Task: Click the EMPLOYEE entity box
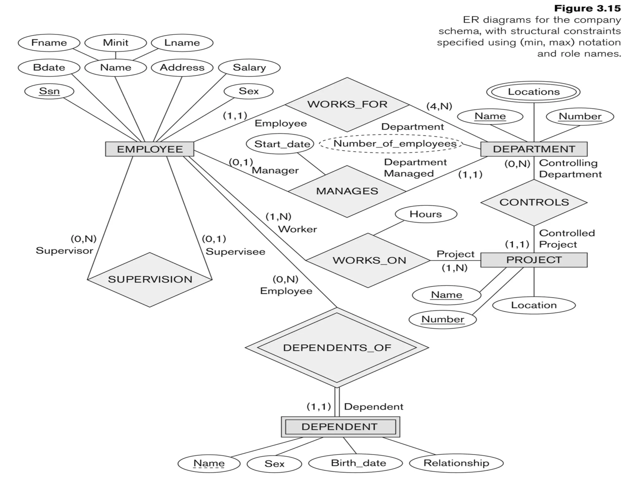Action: tap(150, 149)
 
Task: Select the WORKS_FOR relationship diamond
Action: tap(347, 104)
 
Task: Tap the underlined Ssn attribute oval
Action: tap(49, 91)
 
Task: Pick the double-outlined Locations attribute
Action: tap(533, 92)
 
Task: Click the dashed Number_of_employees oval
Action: tap(394, 144)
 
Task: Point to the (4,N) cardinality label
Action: tap(439, 106)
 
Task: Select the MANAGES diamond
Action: tap(347, 191)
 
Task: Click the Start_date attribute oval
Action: tap(282, 144)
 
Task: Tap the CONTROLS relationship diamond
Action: tap(534, 202)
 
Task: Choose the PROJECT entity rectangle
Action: tap(534, 260)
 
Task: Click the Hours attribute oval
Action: tap(426, 214)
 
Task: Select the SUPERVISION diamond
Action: tap(150, 279)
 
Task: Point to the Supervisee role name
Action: tap(235, 252)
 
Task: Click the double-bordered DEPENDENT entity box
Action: tap(340, 427)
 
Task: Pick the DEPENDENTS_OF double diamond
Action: tap(337, 348)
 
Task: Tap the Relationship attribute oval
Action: tap(456, 463)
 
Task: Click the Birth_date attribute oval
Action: tap(358, 463)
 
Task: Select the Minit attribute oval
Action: tap(116, 43)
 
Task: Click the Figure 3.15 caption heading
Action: tap(587, 8)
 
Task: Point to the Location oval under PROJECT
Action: tap(534, 305)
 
